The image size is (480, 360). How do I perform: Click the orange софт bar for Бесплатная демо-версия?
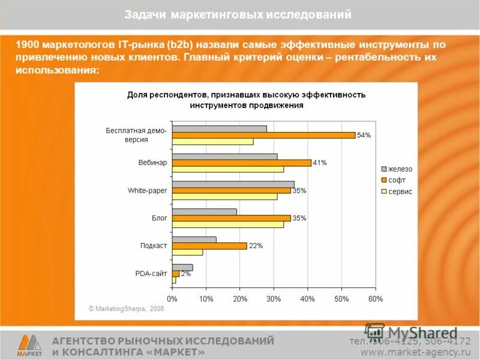[x=263, y=135]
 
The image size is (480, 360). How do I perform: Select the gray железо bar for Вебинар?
[x=224, y=156]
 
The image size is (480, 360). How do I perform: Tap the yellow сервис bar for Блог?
[x=227, y=224]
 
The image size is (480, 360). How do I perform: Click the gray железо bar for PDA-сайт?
[x=182, y=267]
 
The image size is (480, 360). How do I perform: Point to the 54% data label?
[x=364, y=135]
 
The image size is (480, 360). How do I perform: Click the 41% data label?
[x=319, y=163]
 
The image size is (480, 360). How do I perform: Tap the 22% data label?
[x=255, y=245]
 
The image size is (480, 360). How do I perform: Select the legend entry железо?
[x=400, y=169]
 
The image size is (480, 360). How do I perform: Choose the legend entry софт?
[x=397, y=180]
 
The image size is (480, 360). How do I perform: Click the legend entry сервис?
[x=400, y=191]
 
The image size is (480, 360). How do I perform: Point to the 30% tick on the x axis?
[x=274, y=298]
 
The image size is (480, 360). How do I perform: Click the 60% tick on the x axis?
[x=375, y=298]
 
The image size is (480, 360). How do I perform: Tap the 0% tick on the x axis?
[x=172, y=298]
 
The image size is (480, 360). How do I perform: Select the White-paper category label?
[x=147, y=190]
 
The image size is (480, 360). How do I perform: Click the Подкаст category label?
[x=154, y=245]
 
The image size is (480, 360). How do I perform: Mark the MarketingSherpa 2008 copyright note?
[x=126, y=308]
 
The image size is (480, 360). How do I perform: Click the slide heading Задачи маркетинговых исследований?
[x=238, y=15]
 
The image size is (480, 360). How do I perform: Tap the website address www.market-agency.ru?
[x=415, y=352]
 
